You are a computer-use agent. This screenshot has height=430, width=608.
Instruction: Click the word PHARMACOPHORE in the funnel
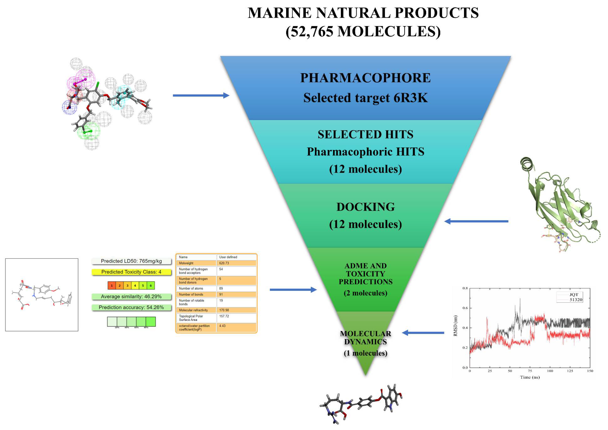click(365, 78)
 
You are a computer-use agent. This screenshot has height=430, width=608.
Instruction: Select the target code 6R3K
click(410, 98)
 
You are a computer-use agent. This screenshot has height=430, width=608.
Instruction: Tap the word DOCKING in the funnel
click(365, 207)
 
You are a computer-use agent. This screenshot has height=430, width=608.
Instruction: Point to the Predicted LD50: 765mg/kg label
click(131, 261)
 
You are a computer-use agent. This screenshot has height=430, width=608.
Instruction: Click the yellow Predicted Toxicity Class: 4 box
click(131, 272)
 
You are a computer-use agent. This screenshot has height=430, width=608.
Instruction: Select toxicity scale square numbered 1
click(112, 286)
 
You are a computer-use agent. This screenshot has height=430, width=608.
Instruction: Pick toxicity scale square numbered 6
click(151, 286)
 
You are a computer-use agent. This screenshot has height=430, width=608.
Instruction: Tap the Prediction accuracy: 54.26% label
click(131, 308)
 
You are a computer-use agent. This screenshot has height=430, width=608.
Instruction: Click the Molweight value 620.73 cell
click(236, 263)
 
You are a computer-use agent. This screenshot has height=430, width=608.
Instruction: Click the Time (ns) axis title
click(530, 377)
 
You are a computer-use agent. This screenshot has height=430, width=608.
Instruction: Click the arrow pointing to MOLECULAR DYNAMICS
click(423, 333)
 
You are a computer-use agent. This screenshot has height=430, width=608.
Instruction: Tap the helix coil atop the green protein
click(527, 164)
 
